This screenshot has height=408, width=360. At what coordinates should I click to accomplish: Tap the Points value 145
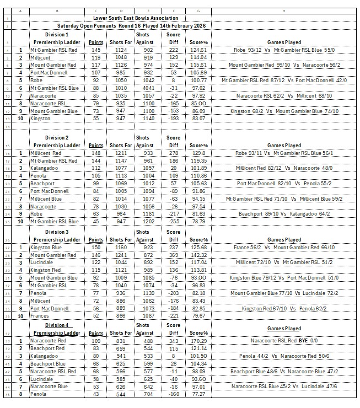[x=95, y=50]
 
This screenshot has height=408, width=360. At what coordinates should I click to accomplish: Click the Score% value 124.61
[x=197, y=50]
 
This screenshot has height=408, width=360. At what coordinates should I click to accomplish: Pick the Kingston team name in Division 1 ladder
[x=41, y=119]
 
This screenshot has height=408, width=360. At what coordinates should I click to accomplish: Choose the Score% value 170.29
[x=197, y=342]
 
